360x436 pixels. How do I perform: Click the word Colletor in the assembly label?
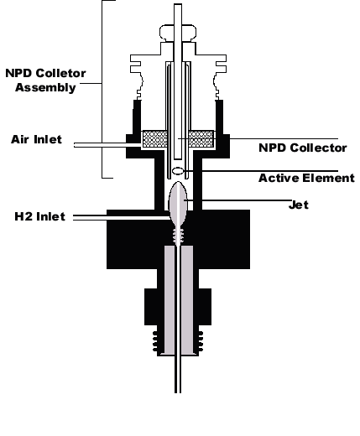pyautogui.click(x=61, y=73)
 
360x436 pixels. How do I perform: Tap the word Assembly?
pyautogui.click(x=45, y=87)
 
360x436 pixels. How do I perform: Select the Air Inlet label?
pyautogui.click(x=36, y=139)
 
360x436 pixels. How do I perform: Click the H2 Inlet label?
pyautogui.click(x=39, y=216)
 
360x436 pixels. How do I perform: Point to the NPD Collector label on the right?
pyautogui.click(x=303, y=148)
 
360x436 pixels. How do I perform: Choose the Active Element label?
pyautogui.click(x=306, y=178)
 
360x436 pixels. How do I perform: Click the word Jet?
pyautogui.click(x=299, y=205)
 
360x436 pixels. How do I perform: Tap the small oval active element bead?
pyautogui.click(x=178, y=170)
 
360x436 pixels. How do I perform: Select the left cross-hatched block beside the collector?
pyautogui.click(x=155, y=139)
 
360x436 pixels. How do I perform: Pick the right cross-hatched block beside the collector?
pyautogui.click(x=201, y=139)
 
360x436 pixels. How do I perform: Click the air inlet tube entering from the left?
pyautogui.click(x=107, y=145)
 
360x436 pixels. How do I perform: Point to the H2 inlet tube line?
pyautogui.click(x=121, y=217)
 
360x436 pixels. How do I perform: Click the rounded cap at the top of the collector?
pyautogui.click(x=178, y=32)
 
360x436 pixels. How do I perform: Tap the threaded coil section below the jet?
pyautogui.click(x=178, y=236)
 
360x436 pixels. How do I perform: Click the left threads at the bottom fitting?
pyautogui.click(x=155, y=341)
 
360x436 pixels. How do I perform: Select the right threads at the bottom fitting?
pyautogui.click(x=201, y=341)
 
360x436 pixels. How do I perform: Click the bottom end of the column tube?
pyautogui.click(x=178, y=392)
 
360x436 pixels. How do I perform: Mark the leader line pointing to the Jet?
pyautogui.click(x=237, y=200)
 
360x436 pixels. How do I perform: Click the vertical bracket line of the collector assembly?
pyautogui.click(x=102, y=89)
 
